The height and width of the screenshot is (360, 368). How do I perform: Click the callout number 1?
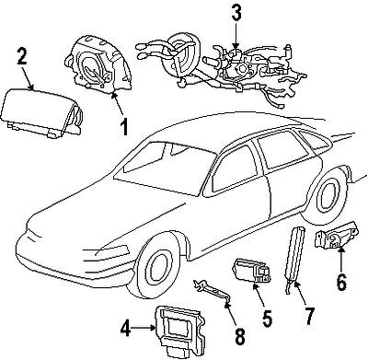(x=124, y=128)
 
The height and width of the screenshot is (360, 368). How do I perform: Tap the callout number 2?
(x=22, y=55)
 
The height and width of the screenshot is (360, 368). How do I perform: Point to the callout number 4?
(x=125, y=329)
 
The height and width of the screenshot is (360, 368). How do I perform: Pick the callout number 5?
(x=267, y=318)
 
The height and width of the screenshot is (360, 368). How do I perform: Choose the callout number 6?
(x=341, y=282)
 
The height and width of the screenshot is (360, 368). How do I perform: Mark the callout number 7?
(x=308, y=317)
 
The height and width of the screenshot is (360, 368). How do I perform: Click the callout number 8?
(x=240, y=337)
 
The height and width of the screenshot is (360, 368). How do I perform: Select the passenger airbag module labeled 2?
(x=41, y=113)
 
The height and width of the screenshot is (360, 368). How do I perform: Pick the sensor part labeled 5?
(x=253, y=271)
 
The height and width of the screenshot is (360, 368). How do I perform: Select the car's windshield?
(x=166, y=168)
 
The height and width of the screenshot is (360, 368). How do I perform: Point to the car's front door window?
(x=234, y=170)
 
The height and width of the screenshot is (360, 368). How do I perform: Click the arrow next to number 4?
(x=144, y=329)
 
